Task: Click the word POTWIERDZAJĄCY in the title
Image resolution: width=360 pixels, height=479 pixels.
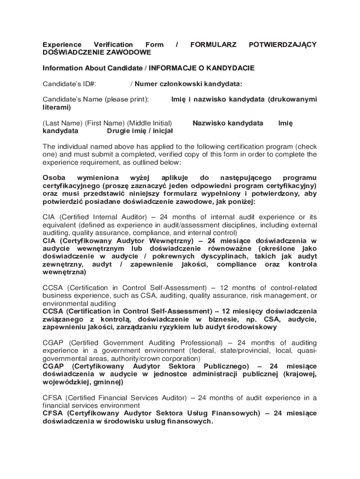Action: coord(282,44)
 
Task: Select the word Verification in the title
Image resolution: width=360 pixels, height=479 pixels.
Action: coord(114,44)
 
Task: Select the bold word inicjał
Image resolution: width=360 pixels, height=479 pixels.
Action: coord(160,131)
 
